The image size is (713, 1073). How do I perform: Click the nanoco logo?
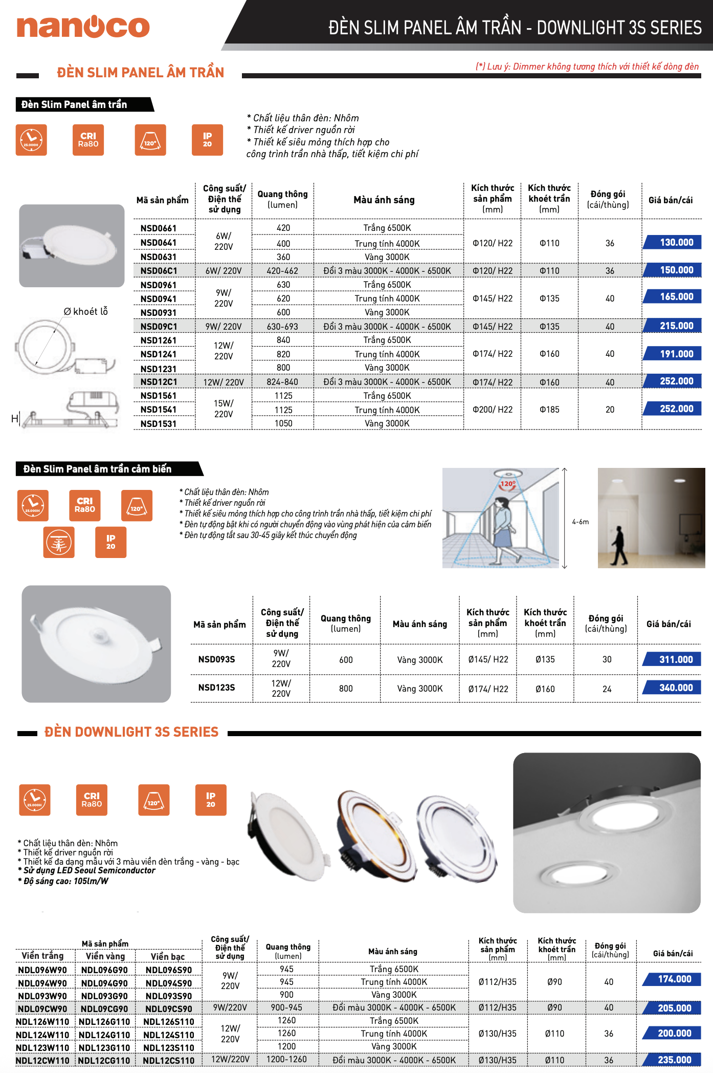coord(83,27)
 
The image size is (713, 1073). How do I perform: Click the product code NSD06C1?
coord(159,271)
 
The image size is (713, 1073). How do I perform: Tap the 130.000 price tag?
coord(673,242)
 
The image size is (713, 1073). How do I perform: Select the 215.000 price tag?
coord(673,326)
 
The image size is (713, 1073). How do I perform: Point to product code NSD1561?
coord(159,396)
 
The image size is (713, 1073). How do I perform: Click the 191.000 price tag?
coord(673,354)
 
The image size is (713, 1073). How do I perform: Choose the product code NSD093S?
coord(216,659)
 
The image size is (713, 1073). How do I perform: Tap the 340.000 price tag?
coord(673,688)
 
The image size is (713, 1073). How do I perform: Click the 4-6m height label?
coord(581,522)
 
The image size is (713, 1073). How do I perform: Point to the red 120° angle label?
coord(508,484)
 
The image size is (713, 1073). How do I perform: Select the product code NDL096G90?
coord(104,970)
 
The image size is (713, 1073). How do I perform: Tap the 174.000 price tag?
coord(673,979)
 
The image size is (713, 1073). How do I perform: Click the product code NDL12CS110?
coord(168,1061)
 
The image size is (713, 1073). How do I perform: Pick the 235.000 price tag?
coord(673,1060)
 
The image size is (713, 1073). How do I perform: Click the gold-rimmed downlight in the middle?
coord(376,829)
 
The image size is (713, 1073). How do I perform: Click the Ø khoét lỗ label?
coord(85,312)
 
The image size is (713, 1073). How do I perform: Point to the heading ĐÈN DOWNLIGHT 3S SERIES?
coord(131,732)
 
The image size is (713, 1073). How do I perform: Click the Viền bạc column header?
coord(168,957)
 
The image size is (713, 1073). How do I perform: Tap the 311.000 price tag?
coord(673,659)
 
